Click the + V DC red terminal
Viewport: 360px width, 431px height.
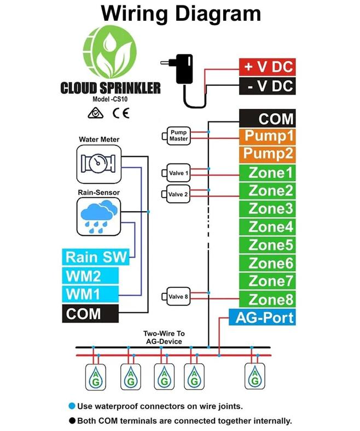pos(267,68)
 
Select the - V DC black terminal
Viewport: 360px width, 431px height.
pos(267,86)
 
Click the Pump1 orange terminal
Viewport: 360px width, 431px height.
pos(267,136)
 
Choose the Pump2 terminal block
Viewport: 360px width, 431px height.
pos(267,154)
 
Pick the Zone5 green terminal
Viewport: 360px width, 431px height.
pos(267,244)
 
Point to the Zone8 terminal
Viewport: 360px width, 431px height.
pos(267,299)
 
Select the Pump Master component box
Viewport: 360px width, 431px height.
pos(178,136)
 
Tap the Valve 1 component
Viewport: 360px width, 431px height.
pos(178,173)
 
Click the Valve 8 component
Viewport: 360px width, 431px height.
pos(178,297)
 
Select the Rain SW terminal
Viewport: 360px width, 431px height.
pos(96,257)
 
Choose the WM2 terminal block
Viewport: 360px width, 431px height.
pos(90,275)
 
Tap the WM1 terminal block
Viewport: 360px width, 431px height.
pos(90,294)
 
